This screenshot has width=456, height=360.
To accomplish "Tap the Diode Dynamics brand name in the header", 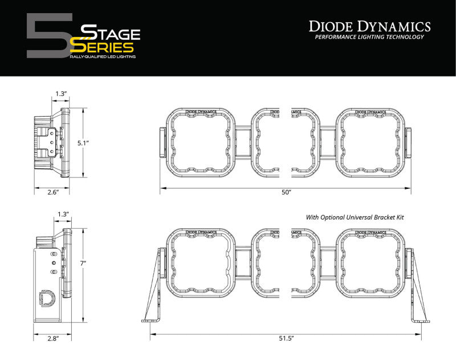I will point(369,26).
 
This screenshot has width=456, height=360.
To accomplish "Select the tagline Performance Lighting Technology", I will point(369,38).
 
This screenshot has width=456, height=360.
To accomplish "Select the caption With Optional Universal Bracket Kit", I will point(359,217).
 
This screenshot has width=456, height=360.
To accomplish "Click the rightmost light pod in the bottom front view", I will point(370,262).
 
